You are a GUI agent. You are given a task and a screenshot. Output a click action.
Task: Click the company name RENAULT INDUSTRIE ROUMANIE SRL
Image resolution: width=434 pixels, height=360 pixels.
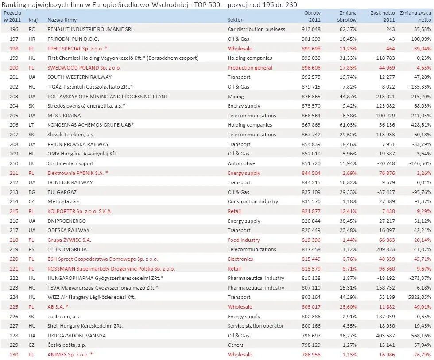(x=90, y=29)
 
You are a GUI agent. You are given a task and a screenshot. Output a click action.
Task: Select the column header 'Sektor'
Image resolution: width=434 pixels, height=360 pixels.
(x=235, y=20)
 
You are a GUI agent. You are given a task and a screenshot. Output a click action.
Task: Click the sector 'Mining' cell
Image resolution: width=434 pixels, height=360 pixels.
(x=236, y=97)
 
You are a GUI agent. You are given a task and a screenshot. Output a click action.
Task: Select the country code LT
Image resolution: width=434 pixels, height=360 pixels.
(x=32, y=125)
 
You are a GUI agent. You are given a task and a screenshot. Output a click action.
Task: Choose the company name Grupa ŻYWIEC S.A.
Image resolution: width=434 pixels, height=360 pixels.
(x=70, y=240)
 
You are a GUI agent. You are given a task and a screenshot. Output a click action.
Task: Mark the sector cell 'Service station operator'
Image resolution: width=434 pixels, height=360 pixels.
(x=256, y=326)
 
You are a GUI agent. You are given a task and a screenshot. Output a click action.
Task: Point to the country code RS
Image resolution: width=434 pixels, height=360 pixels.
(x=32, y=249)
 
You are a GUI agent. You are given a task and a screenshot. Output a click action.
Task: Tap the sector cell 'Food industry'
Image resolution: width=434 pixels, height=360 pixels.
(x=244, y=240)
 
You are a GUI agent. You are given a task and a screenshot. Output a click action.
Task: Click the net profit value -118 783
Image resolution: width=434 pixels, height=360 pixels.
(x=382, y=58)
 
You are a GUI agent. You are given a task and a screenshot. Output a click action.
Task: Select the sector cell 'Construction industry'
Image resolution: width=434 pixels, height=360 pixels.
(x=253, y=201)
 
